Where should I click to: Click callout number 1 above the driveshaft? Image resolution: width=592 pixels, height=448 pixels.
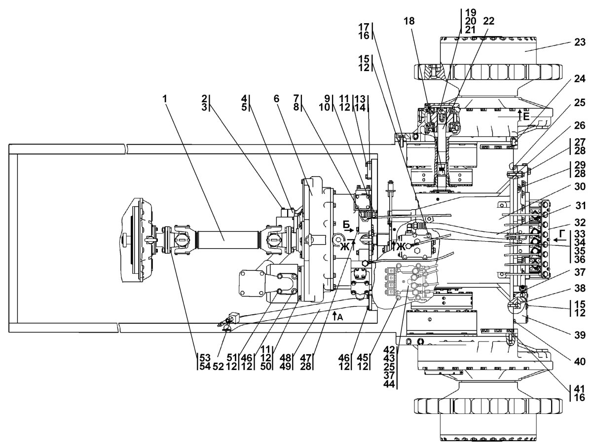tap(165, 99)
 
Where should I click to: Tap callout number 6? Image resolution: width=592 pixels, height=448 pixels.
tap(276, 99)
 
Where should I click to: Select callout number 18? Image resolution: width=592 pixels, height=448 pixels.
tap(409, 21)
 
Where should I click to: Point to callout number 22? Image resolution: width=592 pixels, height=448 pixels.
tap(488, 21)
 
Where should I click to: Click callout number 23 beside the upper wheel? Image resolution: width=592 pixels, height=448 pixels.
tap(580, 42)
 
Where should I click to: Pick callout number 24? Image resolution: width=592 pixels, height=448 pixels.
tap(580, 79)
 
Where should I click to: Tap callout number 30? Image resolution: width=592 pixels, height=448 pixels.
tap(580, 187)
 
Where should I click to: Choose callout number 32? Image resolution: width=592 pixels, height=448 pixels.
tap(580, 223)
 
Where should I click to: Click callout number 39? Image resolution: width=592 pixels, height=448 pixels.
tap(580, 335)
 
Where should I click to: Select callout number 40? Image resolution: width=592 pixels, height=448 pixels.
tap(580, 361)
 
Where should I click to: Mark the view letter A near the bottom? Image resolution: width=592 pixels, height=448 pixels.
tap(337, 316)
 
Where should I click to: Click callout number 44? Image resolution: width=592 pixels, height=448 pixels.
tap(389, 384)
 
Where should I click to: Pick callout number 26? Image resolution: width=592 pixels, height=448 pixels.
tap(580, 125)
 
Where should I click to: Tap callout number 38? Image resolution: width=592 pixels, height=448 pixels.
tap(580, 288)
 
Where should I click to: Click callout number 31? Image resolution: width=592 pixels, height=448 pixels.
tap(580, 206)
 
